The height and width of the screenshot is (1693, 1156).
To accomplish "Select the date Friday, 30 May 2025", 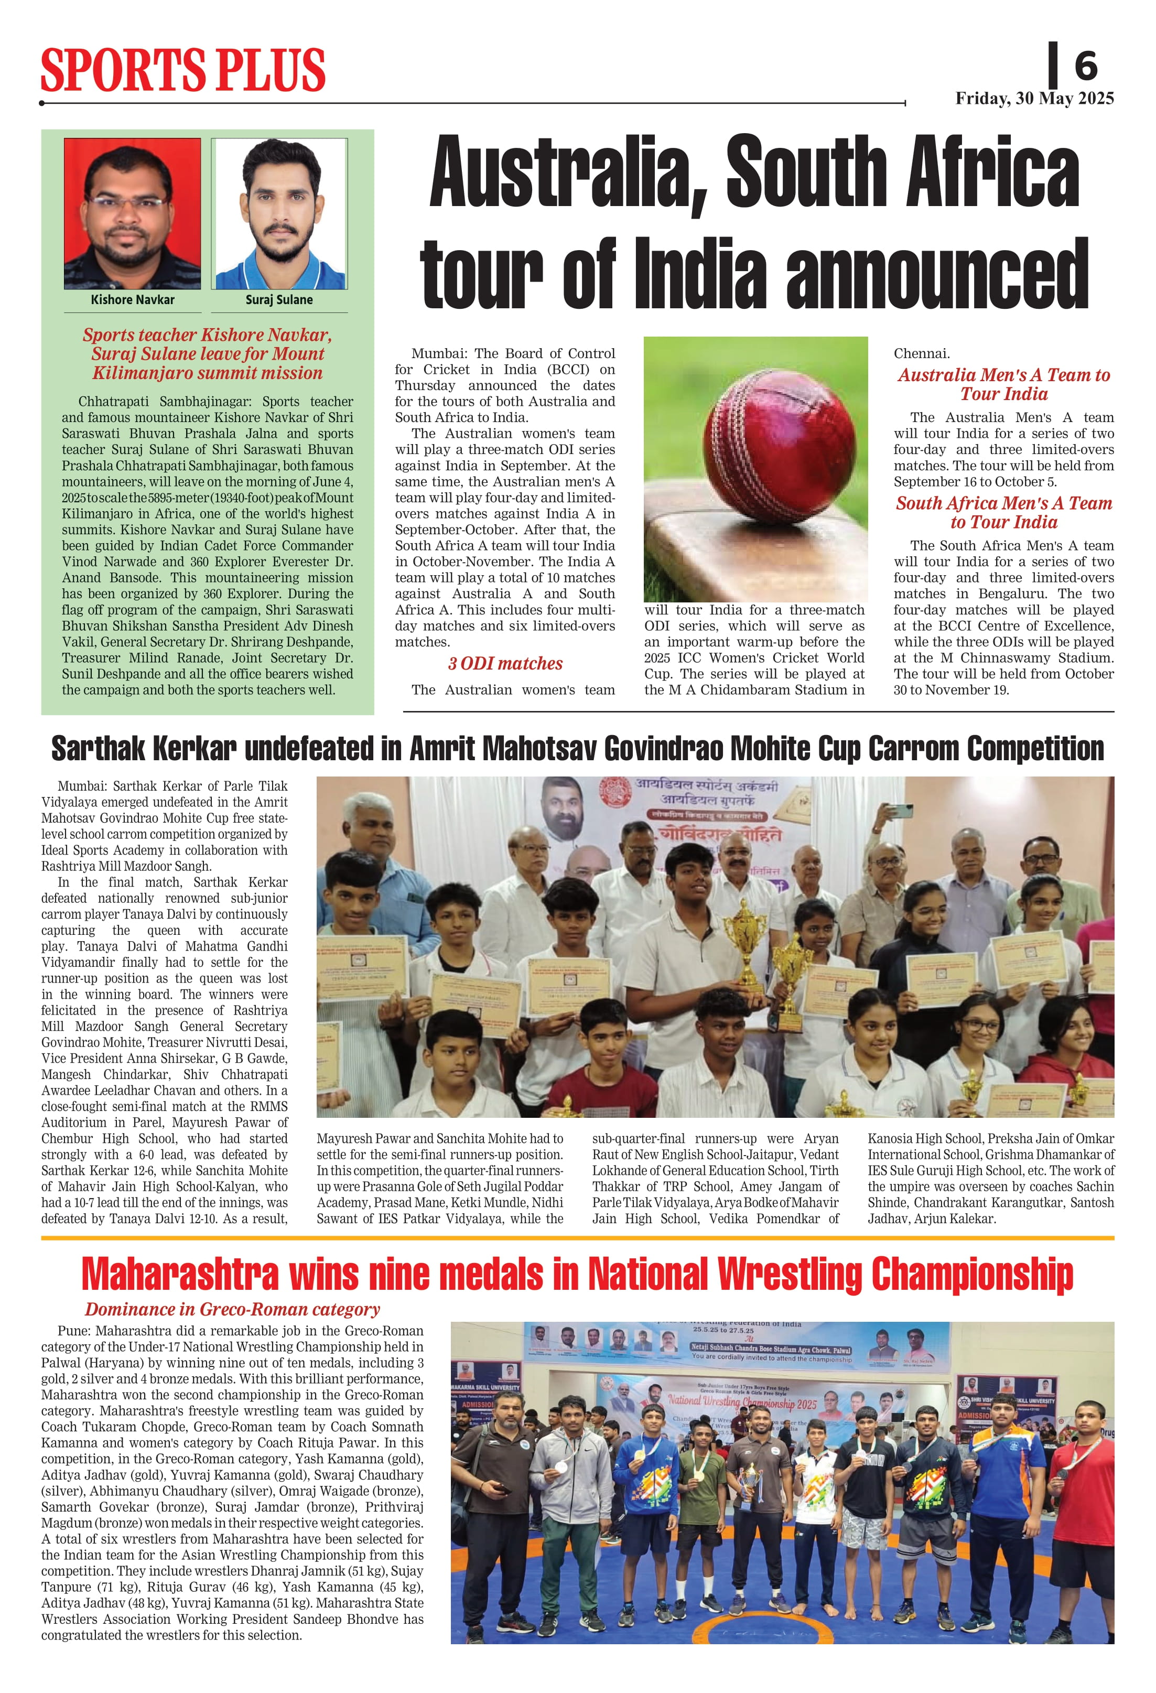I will click(x=1034, y=99).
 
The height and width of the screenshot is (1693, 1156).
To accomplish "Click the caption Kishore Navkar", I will click(x=133, y=299).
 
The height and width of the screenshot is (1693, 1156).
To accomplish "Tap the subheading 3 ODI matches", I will click(x=505, y=664).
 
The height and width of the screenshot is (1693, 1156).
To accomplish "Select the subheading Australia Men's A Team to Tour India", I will click(x=1004, y=385).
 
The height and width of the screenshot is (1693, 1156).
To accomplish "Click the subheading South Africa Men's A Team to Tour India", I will click(x=1004, y=513).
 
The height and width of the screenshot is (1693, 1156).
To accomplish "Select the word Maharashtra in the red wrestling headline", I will click(x=180, y=1274).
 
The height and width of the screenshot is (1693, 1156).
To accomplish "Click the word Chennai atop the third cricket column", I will click(x=922, y=353).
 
